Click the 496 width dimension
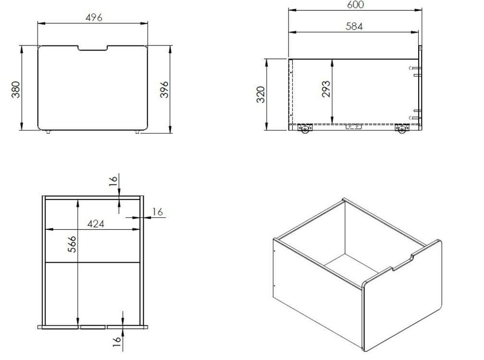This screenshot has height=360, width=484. tap(94, 17)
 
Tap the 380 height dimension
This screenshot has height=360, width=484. tap(16, 90)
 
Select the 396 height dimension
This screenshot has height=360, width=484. tap(165, 90)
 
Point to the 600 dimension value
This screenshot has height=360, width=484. tap(355, 5)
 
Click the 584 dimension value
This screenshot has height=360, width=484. tap(354, 27)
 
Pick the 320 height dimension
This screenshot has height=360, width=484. tap(261, 94)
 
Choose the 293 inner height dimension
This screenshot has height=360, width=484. tap(326, 89)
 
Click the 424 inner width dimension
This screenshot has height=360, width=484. tap(96, 224)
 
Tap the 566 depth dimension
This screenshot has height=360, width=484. tap(72, 244)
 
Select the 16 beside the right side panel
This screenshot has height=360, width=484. tap(157, 212)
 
